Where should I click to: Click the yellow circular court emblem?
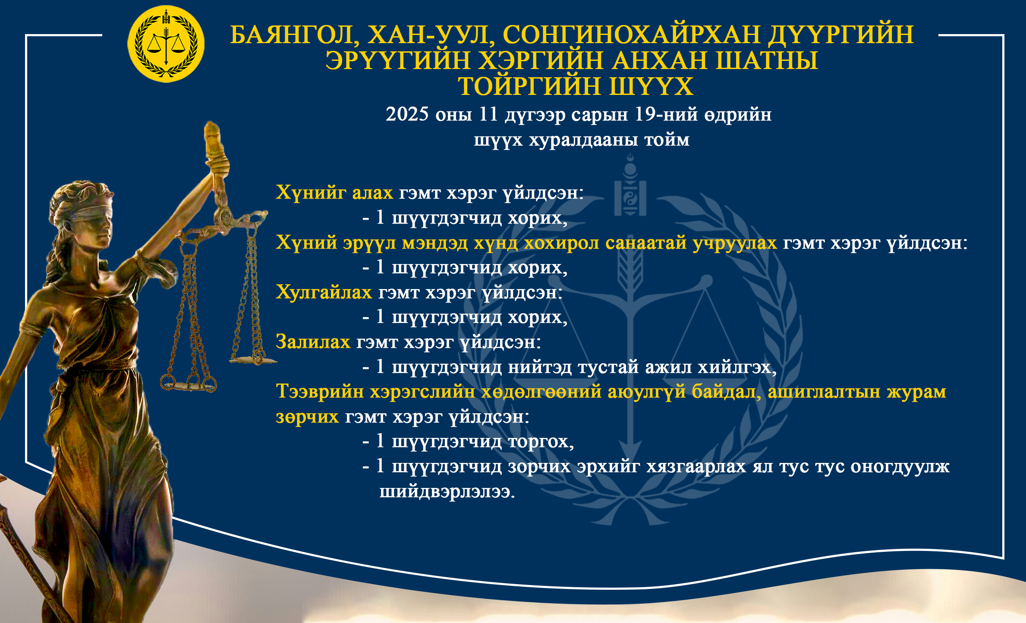(166, 44)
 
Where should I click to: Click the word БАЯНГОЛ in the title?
(294, 35)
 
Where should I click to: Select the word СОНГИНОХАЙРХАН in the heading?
(631, 35)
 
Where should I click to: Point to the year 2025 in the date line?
(407, 114)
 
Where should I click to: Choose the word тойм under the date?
(667, 140)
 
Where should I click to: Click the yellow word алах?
(372, 192)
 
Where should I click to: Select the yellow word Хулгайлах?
(324, 292)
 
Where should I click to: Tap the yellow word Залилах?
(313, 342)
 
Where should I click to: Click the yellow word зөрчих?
(307, 417)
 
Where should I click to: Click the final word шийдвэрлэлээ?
(447, 492)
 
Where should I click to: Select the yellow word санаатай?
(646, 243)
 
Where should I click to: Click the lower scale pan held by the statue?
(189, 385)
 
